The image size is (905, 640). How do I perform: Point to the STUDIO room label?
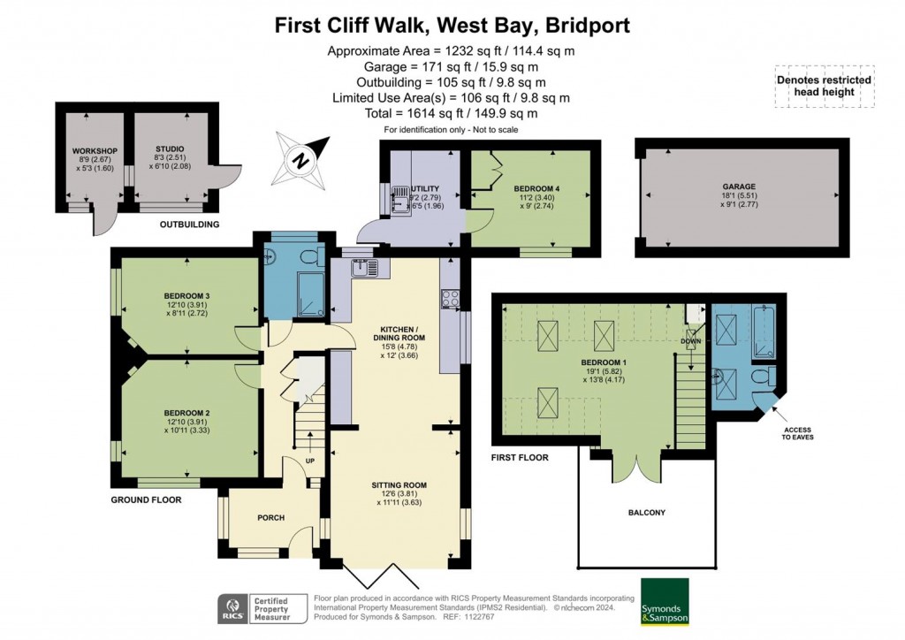[168, 149]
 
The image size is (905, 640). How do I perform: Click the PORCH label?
[270, 517]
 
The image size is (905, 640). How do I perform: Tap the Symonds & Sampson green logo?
[665, 601]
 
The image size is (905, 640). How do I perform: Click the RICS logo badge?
[232, 608]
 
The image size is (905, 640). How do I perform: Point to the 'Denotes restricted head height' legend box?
[824, 86]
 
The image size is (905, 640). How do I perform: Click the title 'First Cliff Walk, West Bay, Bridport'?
[452, 25]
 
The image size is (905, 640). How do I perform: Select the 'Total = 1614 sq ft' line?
[451, 113]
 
